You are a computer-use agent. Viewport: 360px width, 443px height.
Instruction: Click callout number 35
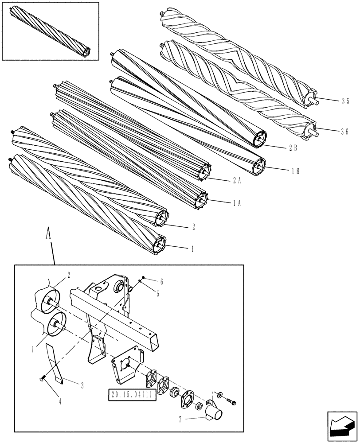tap(345, 101)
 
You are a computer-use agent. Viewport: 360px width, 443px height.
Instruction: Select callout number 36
tap(345, 132)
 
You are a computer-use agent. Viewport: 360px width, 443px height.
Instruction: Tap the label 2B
tap(293, 148)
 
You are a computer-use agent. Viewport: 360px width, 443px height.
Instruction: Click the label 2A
tap(236, 180)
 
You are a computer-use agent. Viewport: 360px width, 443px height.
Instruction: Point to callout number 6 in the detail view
tap(149, 282)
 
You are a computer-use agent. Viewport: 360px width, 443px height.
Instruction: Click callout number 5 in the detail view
tap(146, 293)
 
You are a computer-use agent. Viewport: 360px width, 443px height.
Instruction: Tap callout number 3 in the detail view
tap(82, 385)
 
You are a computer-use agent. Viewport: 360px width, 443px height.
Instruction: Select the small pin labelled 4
tap(42, 377)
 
